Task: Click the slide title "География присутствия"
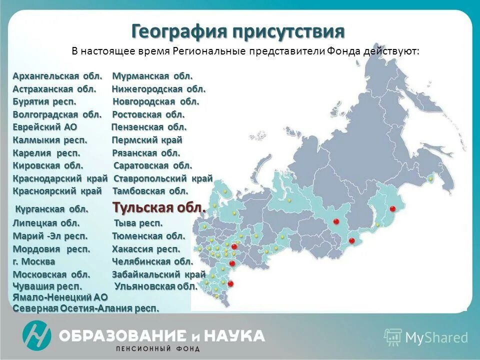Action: click(x=238, y=31)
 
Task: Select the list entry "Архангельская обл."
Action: click(x=57, y=76)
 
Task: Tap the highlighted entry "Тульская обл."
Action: click(x=158, y=207)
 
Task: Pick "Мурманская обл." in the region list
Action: click(x=152, y=76)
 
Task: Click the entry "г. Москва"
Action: click(x=34, y=261)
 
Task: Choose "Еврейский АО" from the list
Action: click(x=45, y=127)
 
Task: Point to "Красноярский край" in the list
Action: click(x=57, y=191)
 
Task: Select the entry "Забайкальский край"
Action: click(x=158, y=274)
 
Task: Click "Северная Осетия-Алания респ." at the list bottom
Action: click(x=86, y=308)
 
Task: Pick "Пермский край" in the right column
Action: click(x=147, y=140)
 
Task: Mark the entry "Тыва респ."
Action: click(x=138, y=223)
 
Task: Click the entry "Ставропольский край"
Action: click(x=163, y=178)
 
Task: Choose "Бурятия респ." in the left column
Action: click(x=44, y=101)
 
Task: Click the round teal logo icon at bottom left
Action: click(x=36, y=335)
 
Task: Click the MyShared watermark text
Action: click(x=436, y=337)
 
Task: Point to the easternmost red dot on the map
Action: click(x=392, y=208)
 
